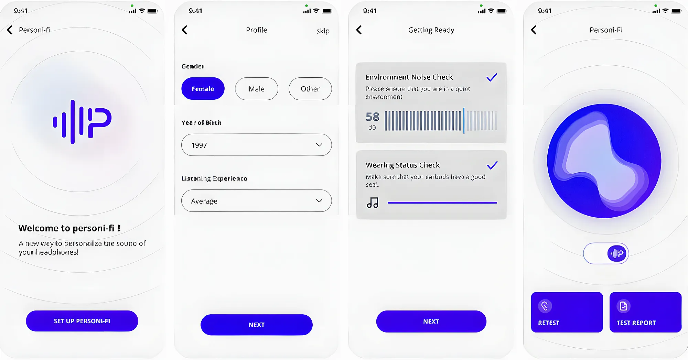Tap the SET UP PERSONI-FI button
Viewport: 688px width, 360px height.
[82, 321]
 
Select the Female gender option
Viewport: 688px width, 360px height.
[203, 89]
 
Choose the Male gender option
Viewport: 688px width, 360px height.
[257, 89]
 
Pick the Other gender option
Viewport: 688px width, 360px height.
[310, 89]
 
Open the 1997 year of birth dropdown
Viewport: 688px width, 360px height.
[257, 145]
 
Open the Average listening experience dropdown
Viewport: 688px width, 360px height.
[257, 201]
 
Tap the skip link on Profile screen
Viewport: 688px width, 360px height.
[323, 31]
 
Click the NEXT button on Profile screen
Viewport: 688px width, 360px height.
[257, 325]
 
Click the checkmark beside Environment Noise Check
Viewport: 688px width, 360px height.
[492, 77]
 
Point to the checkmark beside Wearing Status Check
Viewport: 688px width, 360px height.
[492, 165]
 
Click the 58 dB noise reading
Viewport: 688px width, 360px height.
[372, 121]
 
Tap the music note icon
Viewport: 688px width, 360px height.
[373, 203]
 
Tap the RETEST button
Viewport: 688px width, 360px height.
[567, 312]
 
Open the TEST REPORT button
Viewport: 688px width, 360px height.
[645, 312]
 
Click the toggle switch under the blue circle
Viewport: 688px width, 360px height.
[606, 253]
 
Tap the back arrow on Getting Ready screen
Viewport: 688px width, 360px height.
[359, 30]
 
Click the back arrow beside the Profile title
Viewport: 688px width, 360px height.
[185, 30]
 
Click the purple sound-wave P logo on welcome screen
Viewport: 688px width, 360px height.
[82, 121]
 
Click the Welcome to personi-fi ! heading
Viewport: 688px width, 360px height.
[69, 228]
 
